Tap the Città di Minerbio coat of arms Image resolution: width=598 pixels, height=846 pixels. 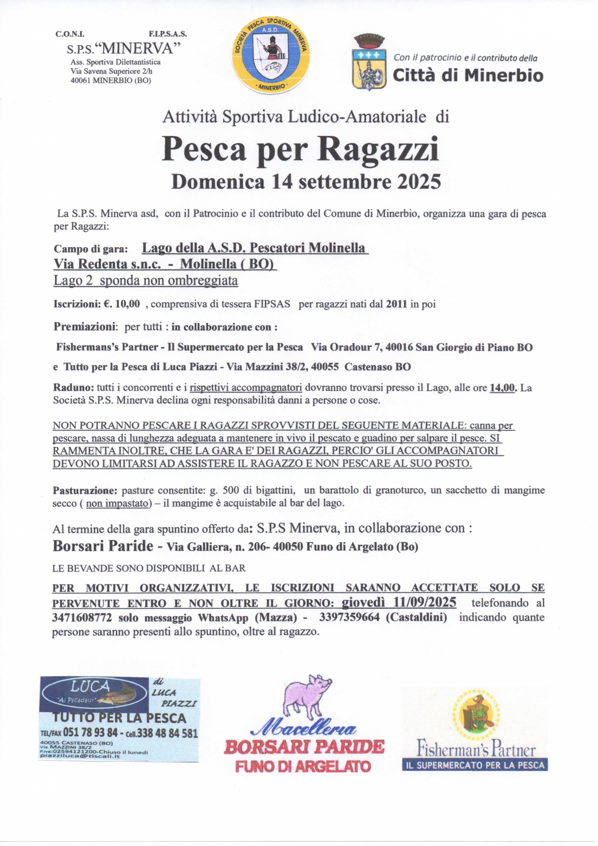369,63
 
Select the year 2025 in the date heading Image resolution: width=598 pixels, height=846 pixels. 419,182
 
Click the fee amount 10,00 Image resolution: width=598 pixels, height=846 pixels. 127,304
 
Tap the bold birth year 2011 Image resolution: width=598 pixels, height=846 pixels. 397,304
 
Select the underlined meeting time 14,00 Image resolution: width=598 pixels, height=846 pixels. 503,388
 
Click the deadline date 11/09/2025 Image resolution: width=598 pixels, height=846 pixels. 424,603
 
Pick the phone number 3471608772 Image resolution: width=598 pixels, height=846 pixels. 82,618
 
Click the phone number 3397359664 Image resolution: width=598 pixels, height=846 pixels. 350,618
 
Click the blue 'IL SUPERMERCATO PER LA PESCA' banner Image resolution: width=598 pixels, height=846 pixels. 475,765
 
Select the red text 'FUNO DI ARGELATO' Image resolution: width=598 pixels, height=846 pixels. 303,766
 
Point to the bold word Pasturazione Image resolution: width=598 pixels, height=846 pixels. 85,491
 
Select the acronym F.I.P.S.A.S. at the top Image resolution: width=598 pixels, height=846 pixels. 168,34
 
